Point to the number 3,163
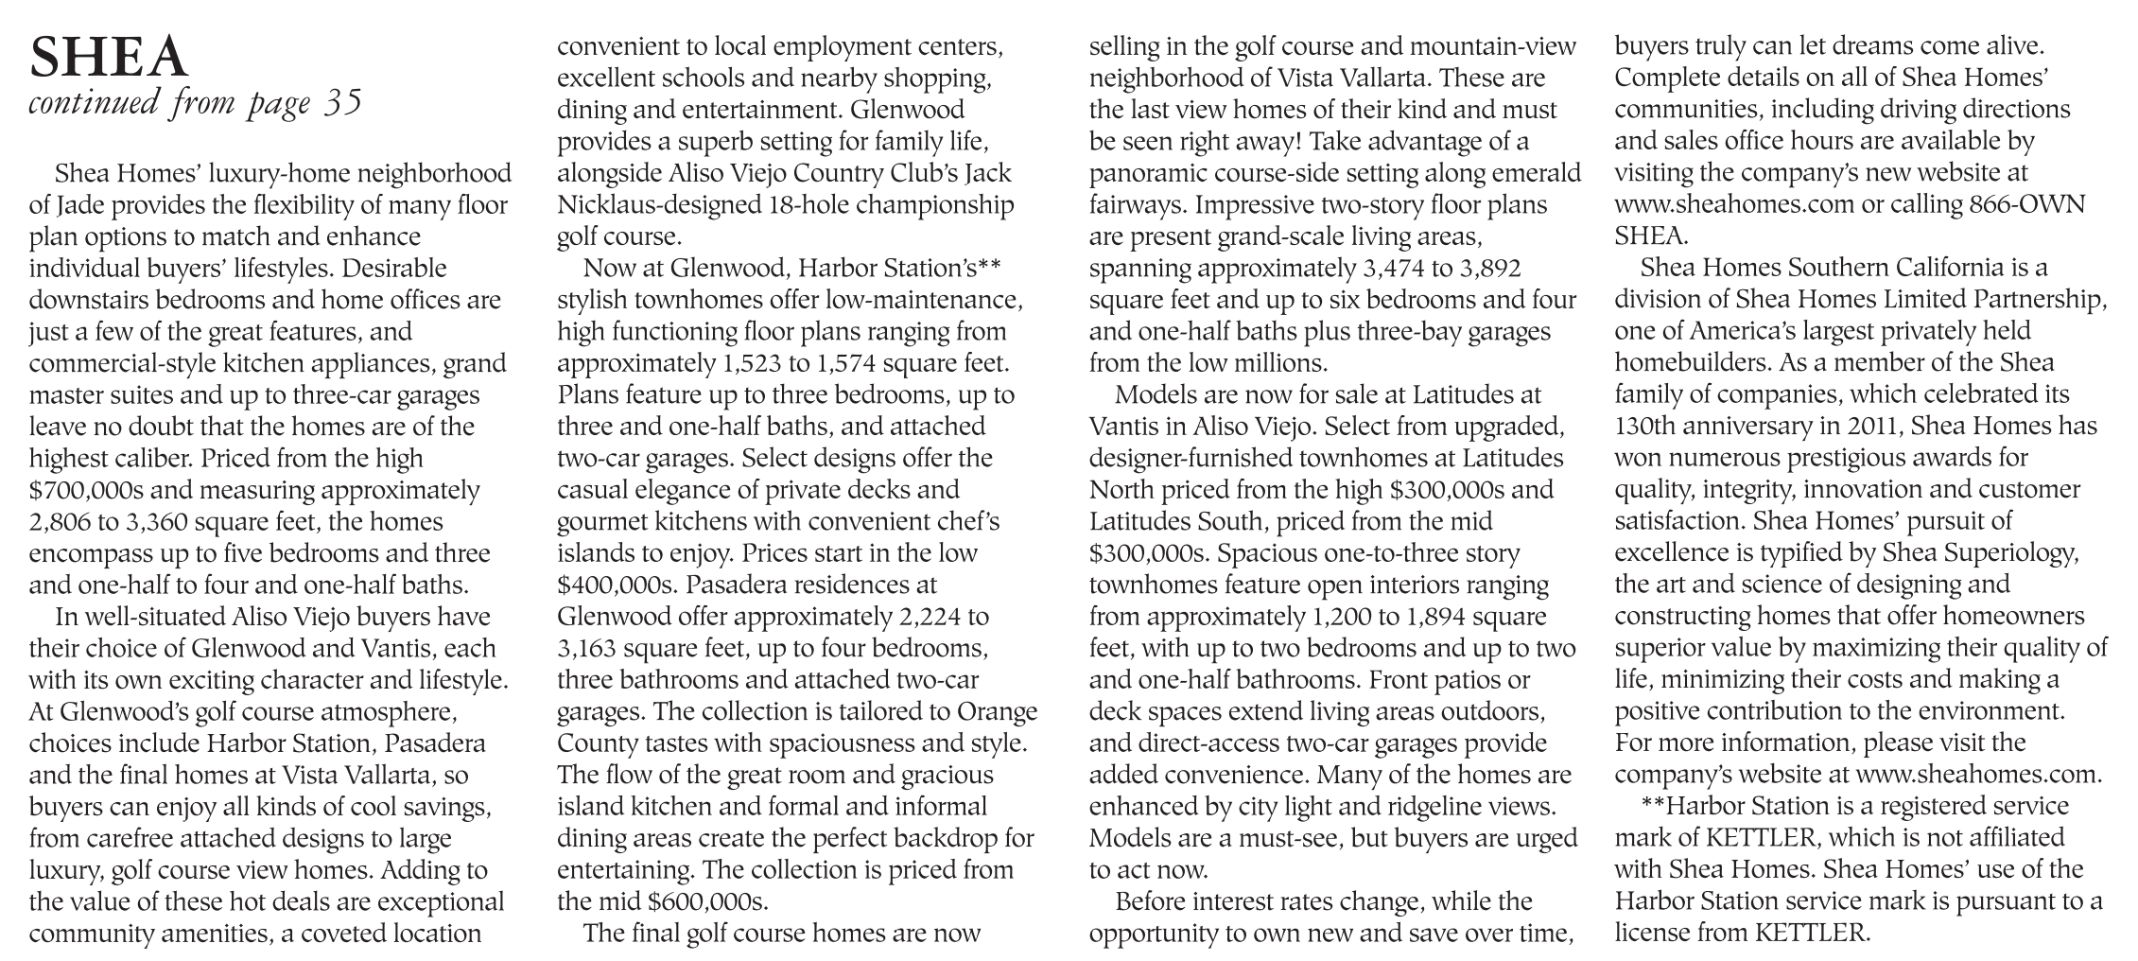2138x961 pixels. pos(587,649)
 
